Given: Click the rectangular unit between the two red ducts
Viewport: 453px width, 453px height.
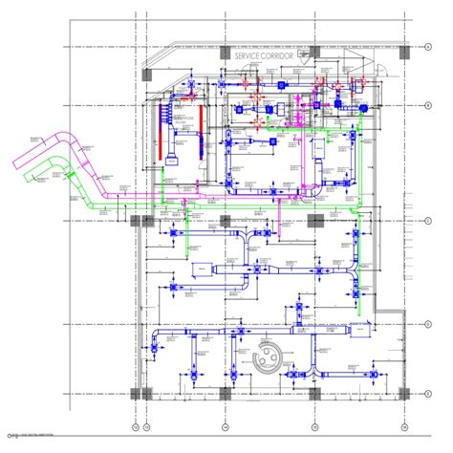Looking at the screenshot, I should click(174, 153).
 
